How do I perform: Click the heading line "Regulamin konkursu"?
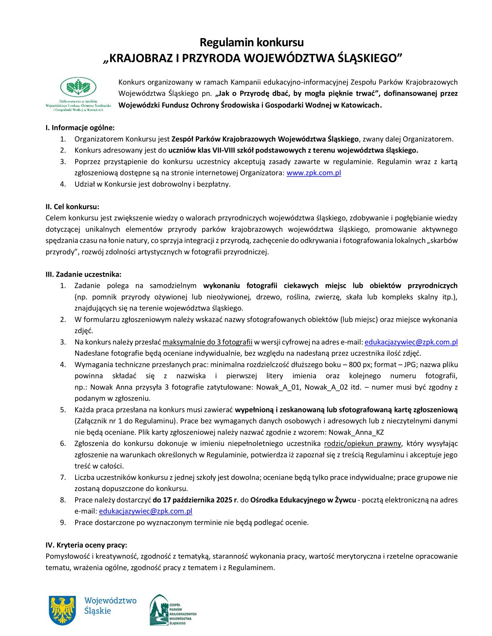tap(252, 42)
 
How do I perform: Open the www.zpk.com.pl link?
tap(314, 173)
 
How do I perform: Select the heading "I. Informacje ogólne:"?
tap(80, 128)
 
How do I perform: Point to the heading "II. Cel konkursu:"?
tap(72, 207)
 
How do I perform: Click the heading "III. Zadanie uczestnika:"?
tap(83, 275)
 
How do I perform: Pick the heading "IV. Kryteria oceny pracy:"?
tap(86, 545)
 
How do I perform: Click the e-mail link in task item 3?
tap(411, 342)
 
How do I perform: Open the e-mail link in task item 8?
tap(146, 511)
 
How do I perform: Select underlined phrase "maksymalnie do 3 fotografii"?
tap(207, 342)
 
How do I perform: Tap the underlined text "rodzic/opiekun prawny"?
tap(363, 443)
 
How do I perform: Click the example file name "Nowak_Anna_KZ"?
tap(356, 432)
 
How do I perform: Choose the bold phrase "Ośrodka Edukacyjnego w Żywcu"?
tap(303, 500)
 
